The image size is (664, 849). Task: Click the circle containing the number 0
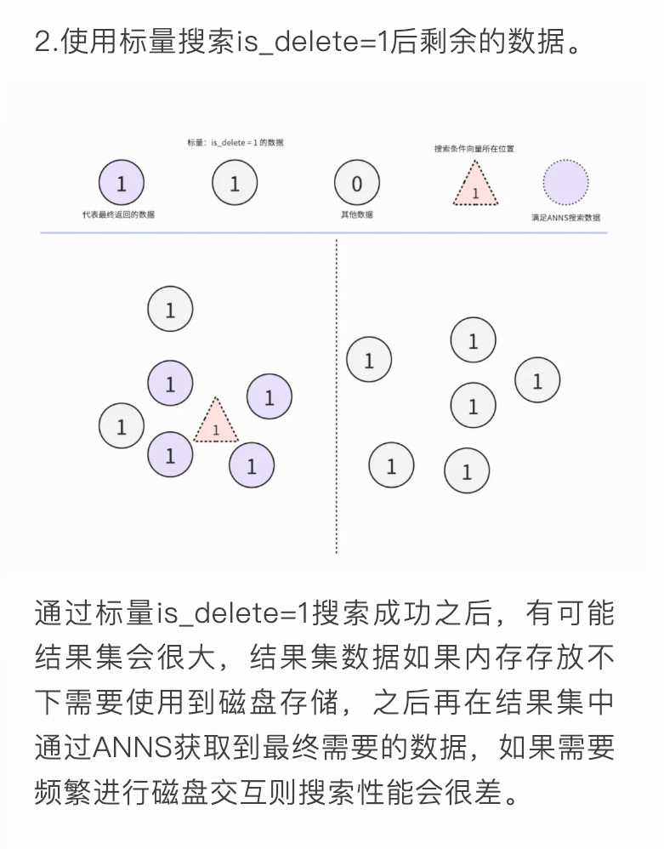point(356,183)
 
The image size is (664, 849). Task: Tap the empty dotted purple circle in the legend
point(565,183)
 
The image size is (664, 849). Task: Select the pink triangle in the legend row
point(474,185)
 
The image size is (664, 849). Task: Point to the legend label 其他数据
point(356,215)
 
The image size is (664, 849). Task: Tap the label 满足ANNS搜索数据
point(565,218)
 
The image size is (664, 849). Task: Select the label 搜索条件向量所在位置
point(474,147)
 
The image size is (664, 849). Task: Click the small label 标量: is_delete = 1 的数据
point(236,143)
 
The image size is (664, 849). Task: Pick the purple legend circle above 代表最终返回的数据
point(121,183)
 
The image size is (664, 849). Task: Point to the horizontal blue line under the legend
point(323,233)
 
